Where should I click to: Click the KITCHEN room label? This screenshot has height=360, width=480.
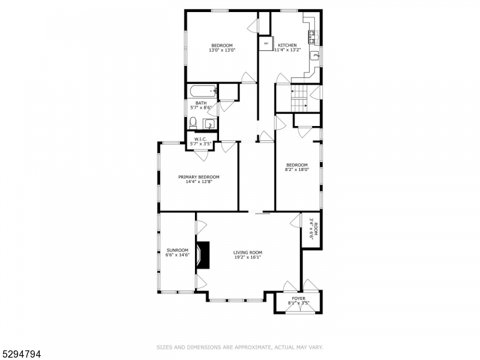(x=287, y=45)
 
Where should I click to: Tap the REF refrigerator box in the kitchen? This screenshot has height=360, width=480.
(x=266, y=44)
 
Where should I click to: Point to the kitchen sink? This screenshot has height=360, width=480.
(x=315, y=56)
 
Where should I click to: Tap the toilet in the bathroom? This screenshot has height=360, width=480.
(x=191, y=123)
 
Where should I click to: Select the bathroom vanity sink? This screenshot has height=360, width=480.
(x=209, y=124)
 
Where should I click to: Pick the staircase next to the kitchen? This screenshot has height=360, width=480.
(x=298, y=98)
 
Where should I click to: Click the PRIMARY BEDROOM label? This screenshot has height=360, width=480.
(x=199, y=177)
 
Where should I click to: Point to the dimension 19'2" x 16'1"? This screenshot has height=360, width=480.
(x=247, y=257)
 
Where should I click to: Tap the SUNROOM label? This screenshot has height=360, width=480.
(x=177, y=250)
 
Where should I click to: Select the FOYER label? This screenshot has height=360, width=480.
(x=298, y=299)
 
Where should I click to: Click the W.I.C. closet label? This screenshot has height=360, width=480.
(x=200, y=139)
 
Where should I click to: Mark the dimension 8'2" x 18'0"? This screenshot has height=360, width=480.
(x=296, y=170)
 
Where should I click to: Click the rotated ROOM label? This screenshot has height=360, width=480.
(x=316, y=229)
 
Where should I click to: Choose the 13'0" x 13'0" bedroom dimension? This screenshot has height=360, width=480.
(x=221, y=50)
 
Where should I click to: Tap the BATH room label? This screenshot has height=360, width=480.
(x=201, y=103)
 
